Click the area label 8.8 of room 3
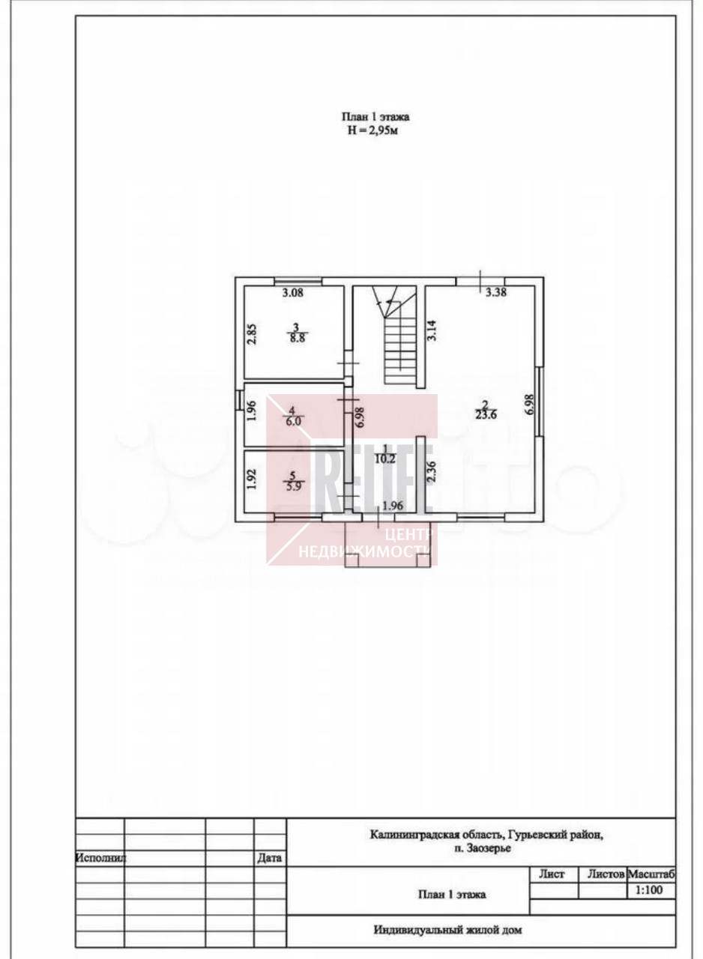click(298, 337)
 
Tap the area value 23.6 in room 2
click(486, 414)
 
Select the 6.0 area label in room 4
click(294, 421)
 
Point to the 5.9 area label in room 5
click(294, 486)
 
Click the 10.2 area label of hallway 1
click(385, 459)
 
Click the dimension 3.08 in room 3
click(293, 293)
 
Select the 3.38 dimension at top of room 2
click(496, 292)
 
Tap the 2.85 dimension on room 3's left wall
click(253, 334)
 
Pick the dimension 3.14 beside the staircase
click(432, 330)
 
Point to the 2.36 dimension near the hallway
click(432, 471)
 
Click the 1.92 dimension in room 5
click(252, 480)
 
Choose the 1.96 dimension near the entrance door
click(393, 506)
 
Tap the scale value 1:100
click(648, 890)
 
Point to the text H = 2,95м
click(372, 130)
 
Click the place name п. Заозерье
click(483, 847)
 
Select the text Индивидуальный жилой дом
click(448, 930)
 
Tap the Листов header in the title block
click(606, 874)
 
